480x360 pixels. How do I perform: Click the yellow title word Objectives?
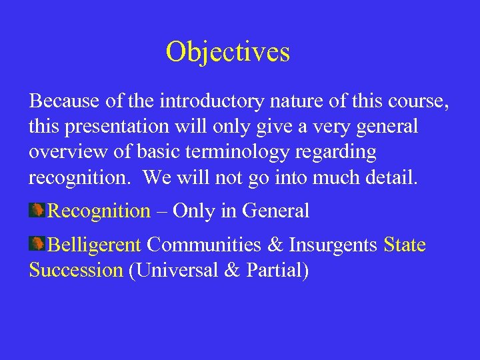pos(228,52)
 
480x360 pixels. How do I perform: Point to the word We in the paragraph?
pos(156,177)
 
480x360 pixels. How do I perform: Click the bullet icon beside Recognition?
pos(37,211)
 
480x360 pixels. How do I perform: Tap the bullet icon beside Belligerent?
pos(37,245)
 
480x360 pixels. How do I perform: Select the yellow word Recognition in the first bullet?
pos(100,211)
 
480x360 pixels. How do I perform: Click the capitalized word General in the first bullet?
pos(276,211)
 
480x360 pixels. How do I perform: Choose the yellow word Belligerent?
pos(95,245)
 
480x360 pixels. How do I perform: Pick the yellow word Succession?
pos(76,271)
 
